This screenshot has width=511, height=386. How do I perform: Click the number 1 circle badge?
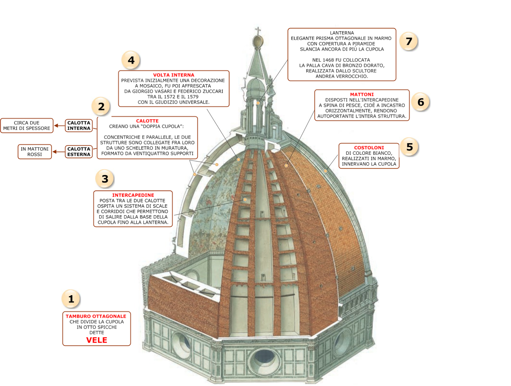point(71,299)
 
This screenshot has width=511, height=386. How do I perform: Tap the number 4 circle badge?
point(131,60)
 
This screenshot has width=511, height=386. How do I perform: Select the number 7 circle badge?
point(409,41)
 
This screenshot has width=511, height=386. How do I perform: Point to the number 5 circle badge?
point(409,147)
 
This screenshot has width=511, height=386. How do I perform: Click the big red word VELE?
point(96,340)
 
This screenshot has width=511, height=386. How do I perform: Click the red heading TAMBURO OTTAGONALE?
point(96,316)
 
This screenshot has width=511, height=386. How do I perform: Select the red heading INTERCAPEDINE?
point(133,195)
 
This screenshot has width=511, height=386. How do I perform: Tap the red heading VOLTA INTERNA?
point(173,75)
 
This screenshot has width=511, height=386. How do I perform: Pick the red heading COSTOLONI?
point(369,148)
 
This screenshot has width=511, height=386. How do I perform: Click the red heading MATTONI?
point(362,95)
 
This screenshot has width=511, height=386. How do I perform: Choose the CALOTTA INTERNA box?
point(79,125)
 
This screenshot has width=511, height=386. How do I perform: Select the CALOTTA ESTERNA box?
point(79,152)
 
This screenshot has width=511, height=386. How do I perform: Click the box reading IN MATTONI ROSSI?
point(34,152)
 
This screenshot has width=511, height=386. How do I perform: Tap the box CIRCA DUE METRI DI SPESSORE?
point(27,125)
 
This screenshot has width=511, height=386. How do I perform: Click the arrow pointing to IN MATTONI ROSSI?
point(58,152)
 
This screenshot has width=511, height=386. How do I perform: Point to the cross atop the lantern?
point(258,31)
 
